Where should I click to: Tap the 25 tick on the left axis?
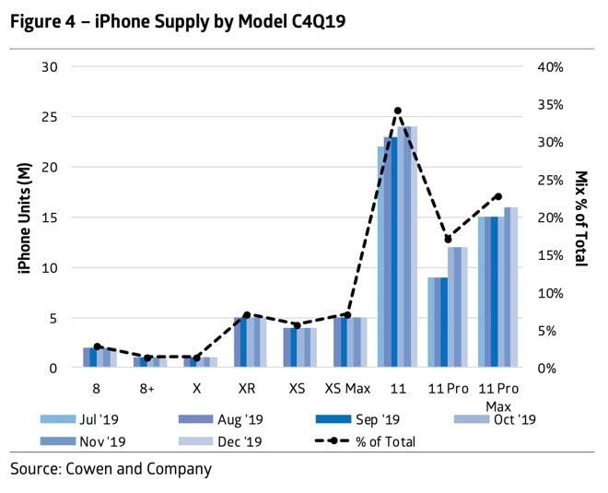pyautogui.click(x=51, y=117)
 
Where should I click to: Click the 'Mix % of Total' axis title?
pyautogui.click(x=581, y=218)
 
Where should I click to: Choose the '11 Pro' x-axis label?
pyautogui.click(x=449, y=389)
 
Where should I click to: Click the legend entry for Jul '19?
pyautogui.click(x=87, y=419)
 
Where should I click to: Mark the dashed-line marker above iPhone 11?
pyautogui.click(x=398, y=111)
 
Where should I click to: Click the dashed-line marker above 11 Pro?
pyautogui.click(x=449, y=240)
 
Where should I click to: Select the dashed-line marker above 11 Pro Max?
pyautogui.click(x=498, y=196)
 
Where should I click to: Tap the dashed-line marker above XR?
pyautogui.click(x=247, y=315)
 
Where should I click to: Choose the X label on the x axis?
pyautogui.click(x=196, y=389)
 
